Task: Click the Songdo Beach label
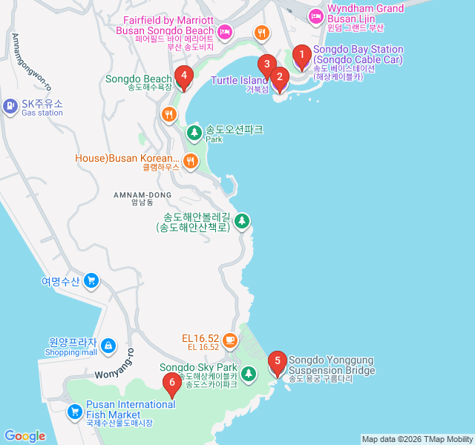click(x=138, y=79)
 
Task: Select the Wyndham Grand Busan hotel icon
click(x=316, y=15)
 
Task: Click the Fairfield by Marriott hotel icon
click(x=225, y=32)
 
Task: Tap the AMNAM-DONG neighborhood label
click(x=142, y=195)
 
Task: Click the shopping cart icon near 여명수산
click(x=91, y=280)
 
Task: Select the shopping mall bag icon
click(x=108, y=346)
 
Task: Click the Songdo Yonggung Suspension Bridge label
click(x=331, y=365)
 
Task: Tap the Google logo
click(x=24, y=436)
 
